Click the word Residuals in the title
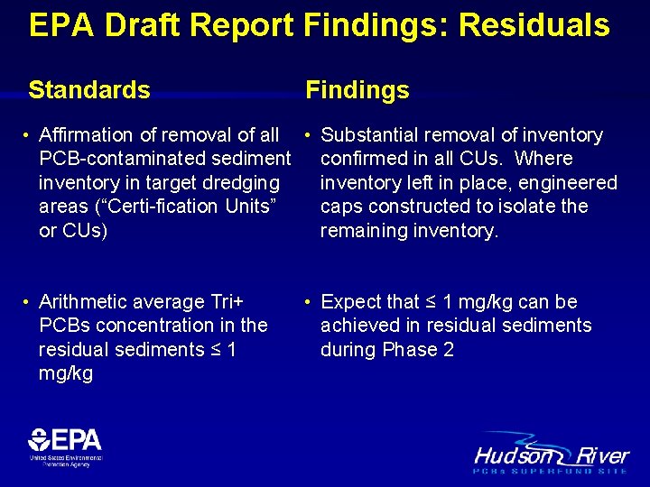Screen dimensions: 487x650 coord(534,25)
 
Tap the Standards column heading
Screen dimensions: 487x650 coord(89,90)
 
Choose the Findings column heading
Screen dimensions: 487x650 coord(357,90)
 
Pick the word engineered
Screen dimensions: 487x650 coord(566,183)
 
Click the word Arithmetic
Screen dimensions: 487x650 coord(82,302)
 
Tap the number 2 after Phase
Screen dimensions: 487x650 coord(449,350)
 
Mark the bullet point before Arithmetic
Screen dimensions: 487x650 coord(28,302)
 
